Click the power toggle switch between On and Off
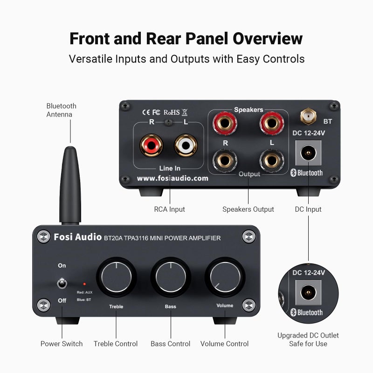point(62,283)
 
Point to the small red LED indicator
point(84,283)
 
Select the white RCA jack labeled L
point(186,145)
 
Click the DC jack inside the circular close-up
point(307,293)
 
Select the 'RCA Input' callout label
point(169,209)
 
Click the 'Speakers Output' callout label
point(248,209)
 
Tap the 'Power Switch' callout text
point(62,344)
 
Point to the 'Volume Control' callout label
point(224,344)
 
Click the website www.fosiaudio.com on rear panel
point(173,178)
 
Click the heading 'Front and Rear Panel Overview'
point(186,38)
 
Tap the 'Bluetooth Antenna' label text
point(61,110)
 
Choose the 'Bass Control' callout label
point(170,344)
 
